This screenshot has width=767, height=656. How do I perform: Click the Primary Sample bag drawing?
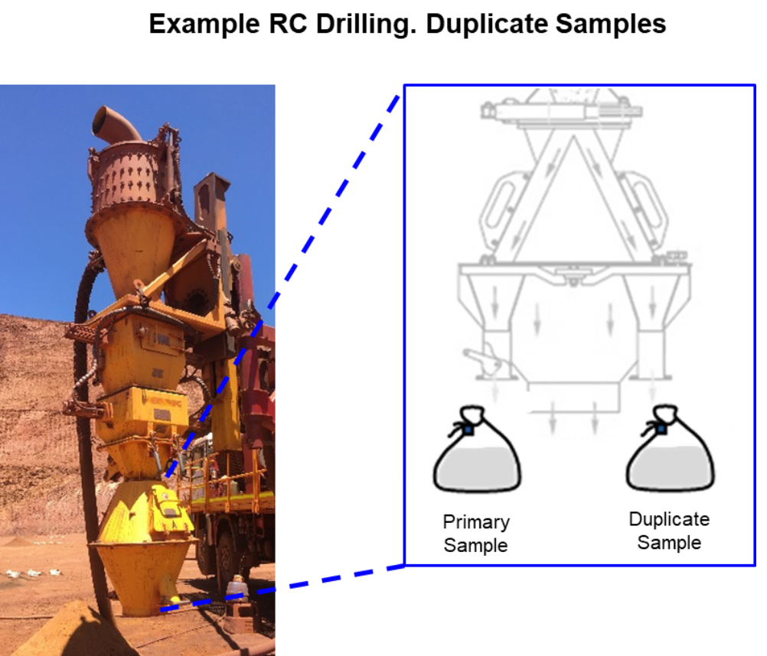click(x=476, y=459)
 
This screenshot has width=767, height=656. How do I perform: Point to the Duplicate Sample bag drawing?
click(x=670, y=459)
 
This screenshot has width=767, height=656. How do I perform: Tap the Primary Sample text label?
click(x=476, y=534)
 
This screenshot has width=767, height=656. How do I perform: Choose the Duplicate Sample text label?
click(x=669, y=531)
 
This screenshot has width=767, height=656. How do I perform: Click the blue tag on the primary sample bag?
click(x=467, y=430)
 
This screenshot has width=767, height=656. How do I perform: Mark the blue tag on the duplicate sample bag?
click(x=660, y=430)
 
